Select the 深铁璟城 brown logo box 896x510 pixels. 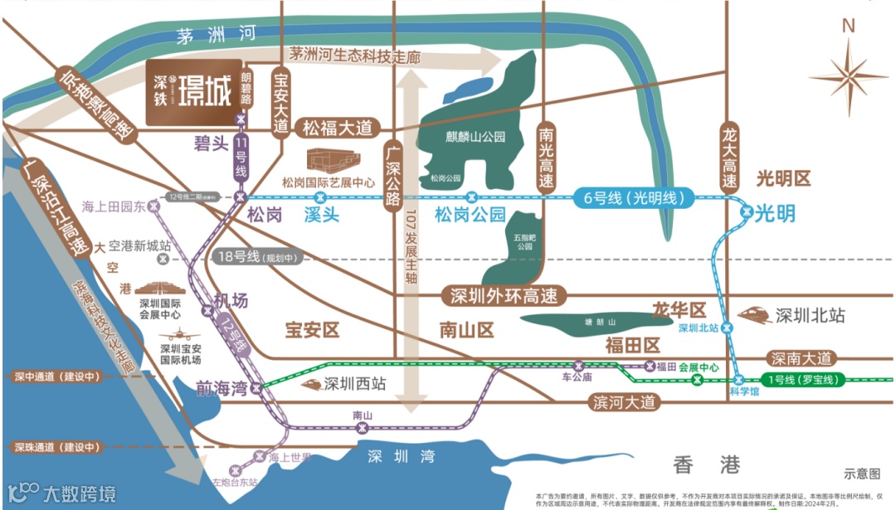coord(194,92)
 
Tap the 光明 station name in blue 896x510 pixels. coord(775,213)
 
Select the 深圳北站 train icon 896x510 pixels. coord(755,315)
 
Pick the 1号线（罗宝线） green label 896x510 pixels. coord(804,380)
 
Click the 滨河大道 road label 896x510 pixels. coord(624,402)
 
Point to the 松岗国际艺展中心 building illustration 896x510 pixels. coord(330,161)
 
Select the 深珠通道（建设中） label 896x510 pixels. coord(57,448)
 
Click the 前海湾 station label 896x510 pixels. coord(222,388)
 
